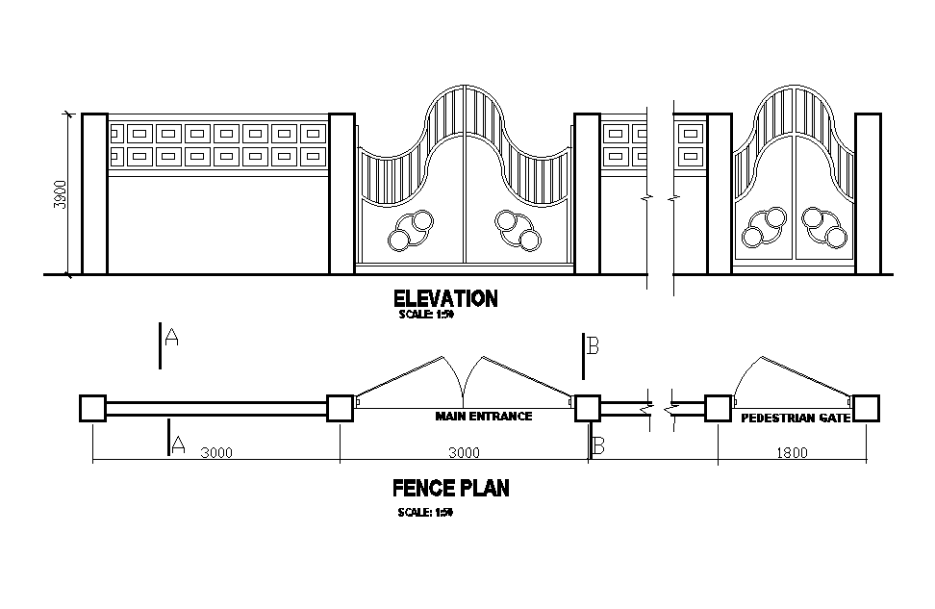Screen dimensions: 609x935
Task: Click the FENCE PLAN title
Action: pyautogui.click(x=451, y=489)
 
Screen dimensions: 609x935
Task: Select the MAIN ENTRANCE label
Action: pyautogui.click(x=483, y=417)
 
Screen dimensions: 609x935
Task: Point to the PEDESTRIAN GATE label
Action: pyautogui.click(x=795, y=419)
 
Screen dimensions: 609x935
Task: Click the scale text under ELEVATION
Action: pyautogui.click(x=425, y=315)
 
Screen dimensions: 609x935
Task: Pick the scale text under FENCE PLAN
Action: pyautogui.click(x=425, y=512)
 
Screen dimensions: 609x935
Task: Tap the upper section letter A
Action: pyautogui.click(x=172, y=338)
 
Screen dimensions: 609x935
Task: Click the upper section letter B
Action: pyautogui.click(x=594, y=347)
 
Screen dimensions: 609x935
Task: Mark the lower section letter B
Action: pyautogui.click(x=597, y=445)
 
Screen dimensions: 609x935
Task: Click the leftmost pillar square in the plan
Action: pyautogui.click(x=92, y=408)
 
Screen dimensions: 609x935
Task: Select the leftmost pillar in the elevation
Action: pyautogui.click(x=94, y=193)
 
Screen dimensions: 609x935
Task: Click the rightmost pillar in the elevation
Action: pyautogui.click(x=868, y=193)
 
